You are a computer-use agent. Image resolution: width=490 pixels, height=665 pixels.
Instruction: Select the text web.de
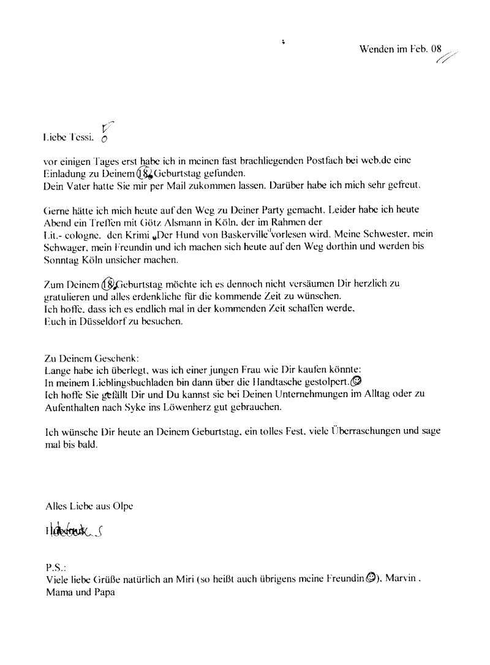point(358,161)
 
